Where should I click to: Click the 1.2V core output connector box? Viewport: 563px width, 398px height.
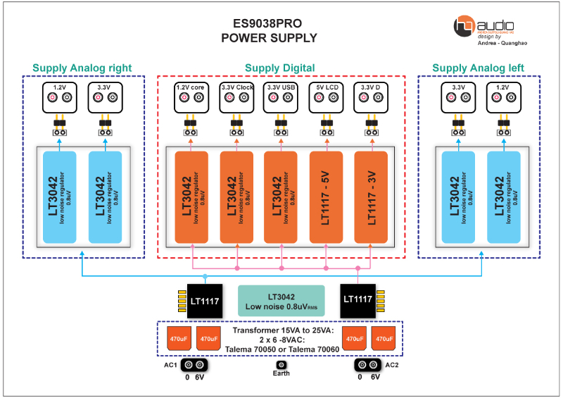click(191, 96)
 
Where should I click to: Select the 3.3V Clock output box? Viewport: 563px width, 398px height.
click(236, 96)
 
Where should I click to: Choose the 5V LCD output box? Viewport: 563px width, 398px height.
click(326, 96)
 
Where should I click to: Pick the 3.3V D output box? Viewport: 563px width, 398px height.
click(371, 96)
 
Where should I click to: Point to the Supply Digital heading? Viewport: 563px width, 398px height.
click(279, 68)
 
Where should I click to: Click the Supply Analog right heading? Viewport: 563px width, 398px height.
click(82, 68)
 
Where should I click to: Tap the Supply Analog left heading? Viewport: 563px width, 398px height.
click(480, 68)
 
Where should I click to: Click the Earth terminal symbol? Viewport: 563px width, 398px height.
click(281, 365)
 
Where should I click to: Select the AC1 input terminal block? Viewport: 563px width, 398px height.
click(194, 365)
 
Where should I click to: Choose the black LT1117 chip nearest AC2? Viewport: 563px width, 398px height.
click(357, 299)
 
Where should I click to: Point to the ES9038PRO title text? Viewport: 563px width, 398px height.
click(269, 23)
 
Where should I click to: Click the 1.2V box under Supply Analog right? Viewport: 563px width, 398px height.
click(60, 96)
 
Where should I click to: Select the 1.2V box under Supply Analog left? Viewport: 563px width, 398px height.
click(503, 96)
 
